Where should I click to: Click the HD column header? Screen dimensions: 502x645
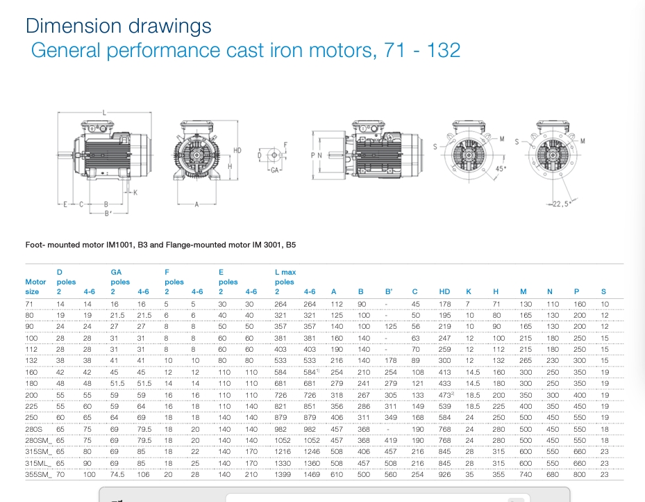point(445,292)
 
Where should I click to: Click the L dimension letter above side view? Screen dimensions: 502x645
point(104,112)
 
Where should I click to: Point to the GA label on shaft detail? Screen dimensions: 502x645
point(275,170)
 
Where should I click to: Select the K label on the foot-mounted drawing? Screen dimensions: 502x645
point(135,193)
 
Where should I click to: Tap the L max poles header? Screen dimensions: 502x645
point(285,277)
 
